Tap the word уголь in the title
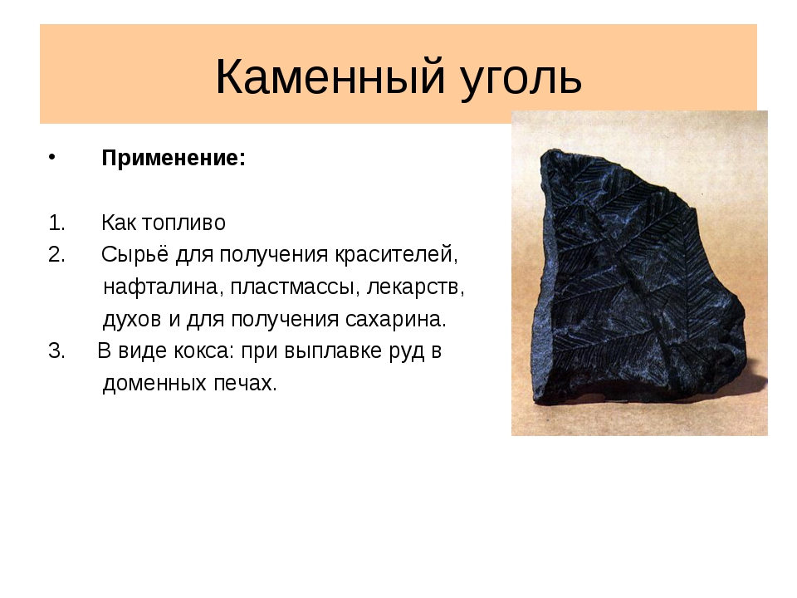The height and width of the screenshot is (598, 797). pos(521,80)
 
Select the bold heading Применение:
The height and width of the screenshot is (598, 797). pos(174,158)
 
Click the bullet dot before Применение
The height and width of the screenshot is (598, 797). pos(51,157)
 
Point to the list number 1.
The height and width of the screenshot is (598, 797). pos(56,223)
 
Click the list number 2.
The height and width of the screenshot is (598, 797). pos(56,254)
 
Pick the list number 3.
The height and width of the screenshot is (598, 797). pos(56,350)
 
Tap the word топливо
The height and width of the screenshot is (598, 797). pos(183,223)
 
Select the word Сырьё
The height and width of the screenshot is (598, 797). pos(134,254)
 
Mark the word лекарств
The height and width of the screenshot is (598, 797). pos(415,287)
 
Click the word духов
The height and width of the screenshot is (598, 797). pos(132,320)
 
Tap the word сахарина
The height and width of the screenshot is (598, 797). pos(395,319)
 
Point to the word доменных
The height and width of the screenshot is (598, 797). pos(154,384)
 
